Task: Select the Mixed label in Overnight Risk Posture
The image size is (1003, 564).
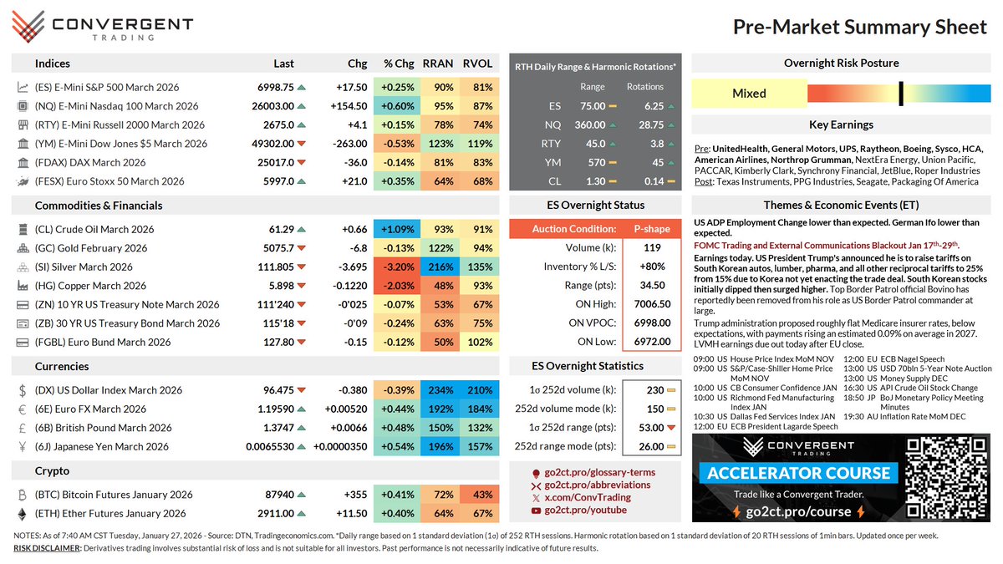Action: tap(749, 93)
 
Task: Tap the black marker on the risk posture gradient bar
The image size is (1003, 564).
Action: tap(901, 93)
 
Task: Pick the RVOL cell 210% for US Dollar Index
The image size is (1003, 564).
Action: tap(479, 390)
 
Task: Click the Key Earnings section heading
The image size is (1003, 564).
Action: tap(841, 124)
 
